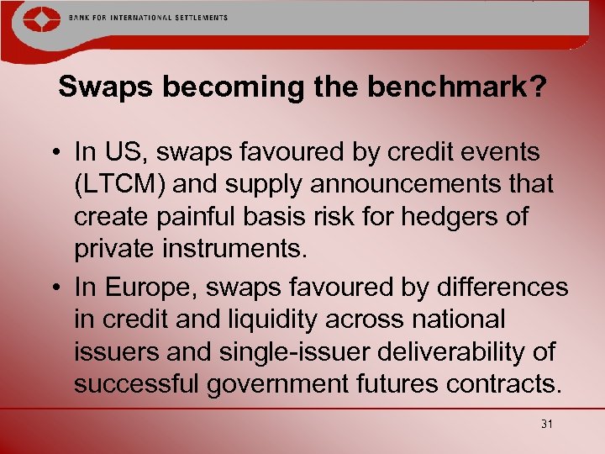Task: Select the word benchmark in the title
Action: click(458, 87)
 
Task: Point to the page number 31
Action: click(547, 424)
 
